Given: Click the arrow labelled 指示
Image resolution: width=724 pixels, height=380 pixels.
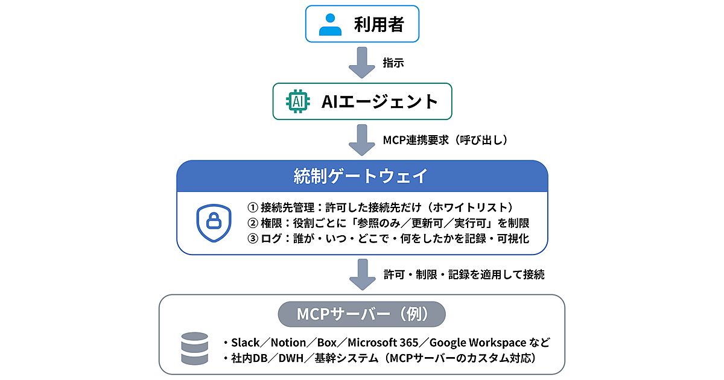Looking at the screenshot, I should click(x=362, y=63).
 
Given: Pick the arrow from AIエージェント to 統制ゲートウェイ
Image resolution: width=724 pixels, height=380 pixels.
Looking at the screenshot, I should click(x=362, y=140).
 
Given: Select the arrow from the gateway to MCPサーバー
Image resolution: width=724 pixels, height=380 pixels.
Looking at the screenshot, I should click(x=362, y=274).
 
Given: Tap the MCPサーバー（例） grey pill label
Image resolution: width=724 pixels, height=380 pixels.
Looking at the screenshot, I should click(x=362, y=314).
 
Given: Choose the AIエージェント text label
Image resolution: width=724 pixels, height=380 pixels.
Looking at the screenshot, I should click(x=379, y=101).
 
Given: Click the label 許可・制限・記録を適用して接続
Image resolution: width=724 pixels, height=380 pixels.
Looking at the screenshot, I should click(x=464, y=274).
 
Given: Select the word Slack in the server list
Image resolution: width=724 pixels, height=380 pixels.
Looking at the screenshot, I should click(x=245, y=343).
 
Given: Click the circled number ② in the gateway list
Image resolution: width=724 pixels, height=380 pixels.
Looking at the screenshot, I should click(x=253, y=223).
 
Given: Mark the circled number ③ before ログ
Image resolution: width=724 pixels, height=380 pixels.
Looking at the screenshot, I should click(x=253, y=238).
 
